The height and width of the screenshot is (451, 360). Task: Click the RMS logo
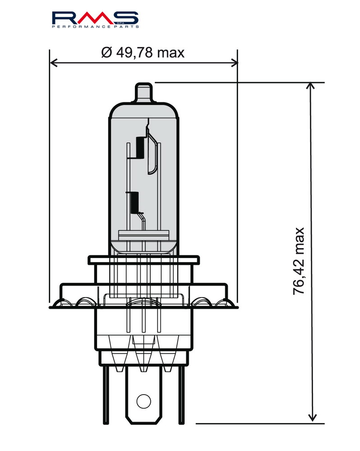95,18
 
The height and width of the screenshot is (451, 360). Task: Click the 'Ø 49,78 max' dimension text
143,53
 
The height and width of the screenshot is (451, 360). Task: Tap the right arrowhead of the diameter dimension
234,62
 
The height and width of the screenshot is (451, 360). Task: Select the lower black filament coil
134,202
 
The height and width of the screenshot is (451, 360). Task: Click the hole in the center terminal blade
143,400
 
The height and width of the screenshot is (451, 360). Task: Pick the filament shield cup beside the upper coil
153,156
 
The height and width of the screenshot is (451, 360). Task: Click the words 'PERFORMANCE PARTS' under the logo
95,28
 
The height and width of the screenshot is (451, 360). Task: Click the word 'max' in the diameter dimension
171,53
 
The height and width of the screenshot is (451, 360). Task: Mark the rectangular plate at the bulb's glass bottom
143,235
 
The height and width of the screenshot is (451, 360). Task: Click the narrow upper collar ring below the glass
143,260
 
